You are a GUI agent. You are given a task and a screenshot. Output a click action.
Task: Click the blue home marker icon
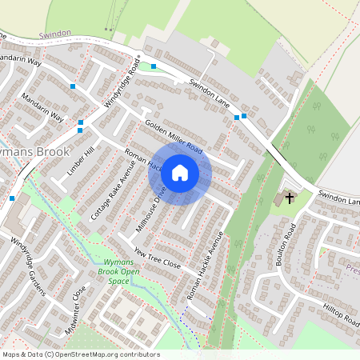(x=180, y=172)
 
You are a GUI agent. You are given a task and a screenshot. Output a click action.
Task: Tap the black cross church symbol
(x=289, y=196)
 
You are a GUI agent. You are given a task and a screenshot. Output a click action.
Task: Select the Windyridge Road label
(x=122, y=84)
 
